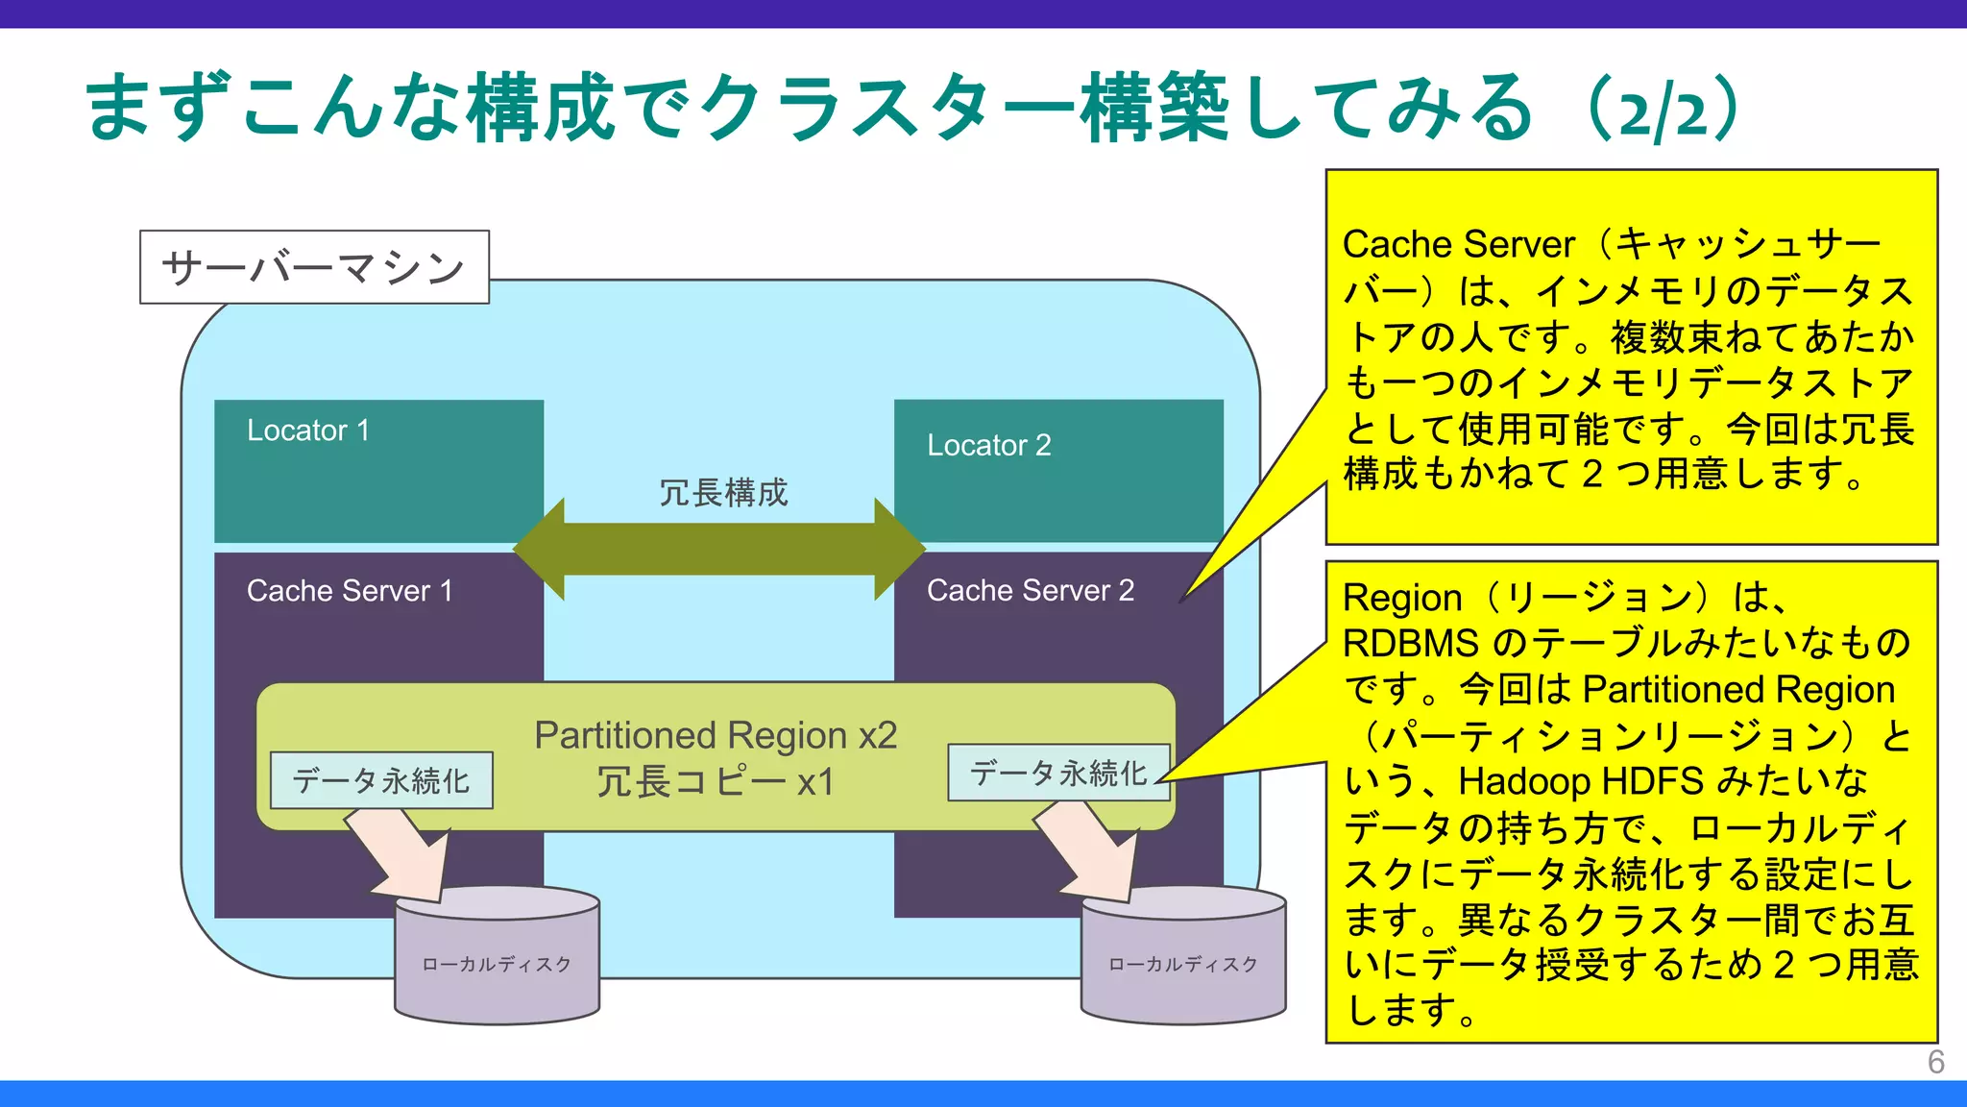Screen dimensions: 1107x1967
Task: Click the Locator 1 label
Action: point(307,430)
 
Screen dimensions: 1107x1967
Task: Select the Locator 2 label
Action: point(988,446)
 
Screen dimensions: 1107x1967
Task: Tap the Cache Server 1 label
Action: point(349,591)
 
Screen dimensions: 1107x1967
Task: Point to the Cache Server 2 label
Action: point(1030,590)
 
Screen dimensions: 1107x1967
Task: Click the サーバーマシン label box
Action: point(314,267)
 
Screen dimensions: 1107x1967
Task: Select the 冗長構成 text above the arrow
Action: point(722,493)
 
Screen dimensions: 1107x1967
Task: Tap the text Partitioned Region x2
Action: point(716,735)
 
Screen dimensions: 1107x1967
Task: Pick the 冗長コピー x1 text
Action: point(716,782)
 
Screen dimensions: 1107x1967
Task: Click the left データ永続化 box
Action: point(381,780)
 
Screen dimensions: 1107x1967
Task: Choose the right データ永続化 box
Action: point(1058,773)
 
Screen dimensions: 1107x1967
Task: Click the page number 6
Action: point(1935,1062)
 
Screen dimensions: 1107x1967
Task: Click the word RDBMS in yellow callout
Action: point(1410,643)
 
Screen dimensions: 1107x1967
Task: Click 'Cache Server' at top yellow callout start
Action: point(1458,244)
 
